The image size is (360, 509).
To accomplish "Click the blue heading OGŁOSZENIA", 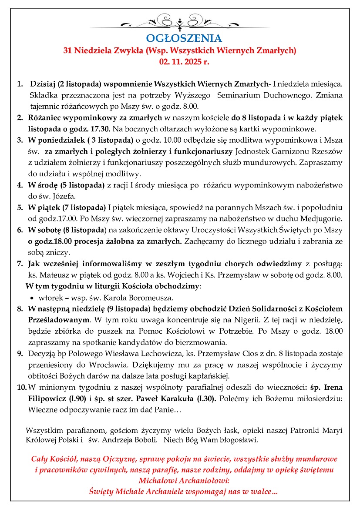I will [184, 38].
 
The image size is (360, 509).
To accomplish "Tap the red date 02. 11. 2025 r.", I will [184, 62].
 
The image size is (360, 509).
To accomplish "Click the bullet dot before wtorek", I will [33, 298].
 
